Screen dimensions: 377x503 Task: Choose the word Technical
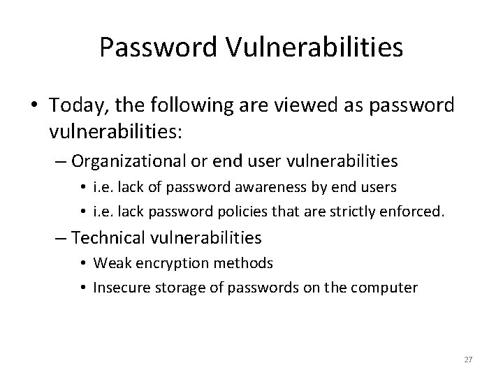point(106,238)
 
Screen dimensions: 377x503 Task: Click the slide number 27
point(468,360)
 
